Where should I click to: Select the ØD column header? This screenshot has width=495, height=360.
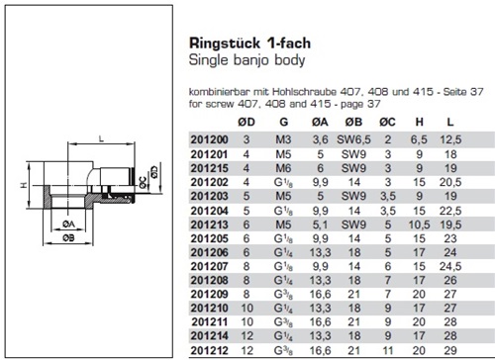pyautogui.click(x=247, y=123)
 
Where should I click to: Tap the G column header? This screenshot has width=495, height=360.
pyautogui.click(x=284, y=123)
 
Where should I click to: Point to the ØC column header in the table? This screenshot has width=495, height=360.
pyautogui.click(x=387, y=123)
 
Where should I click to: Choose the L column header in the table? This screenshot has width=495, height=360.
pyautogui.click(x=450, y=123)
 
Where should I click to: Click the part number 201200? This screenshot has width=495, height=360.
pyautogui.click(x=209, y=139)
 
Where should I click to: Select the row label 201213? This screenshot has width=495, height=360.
pyautogui.click(x=209, y=225)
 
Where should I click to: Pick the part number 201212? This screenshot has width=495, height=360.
pyautogui.click(x=209, y=350)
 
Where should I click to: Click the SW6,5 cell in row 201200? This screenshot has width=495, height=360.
pyautogui.click(x=353, y=139)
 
